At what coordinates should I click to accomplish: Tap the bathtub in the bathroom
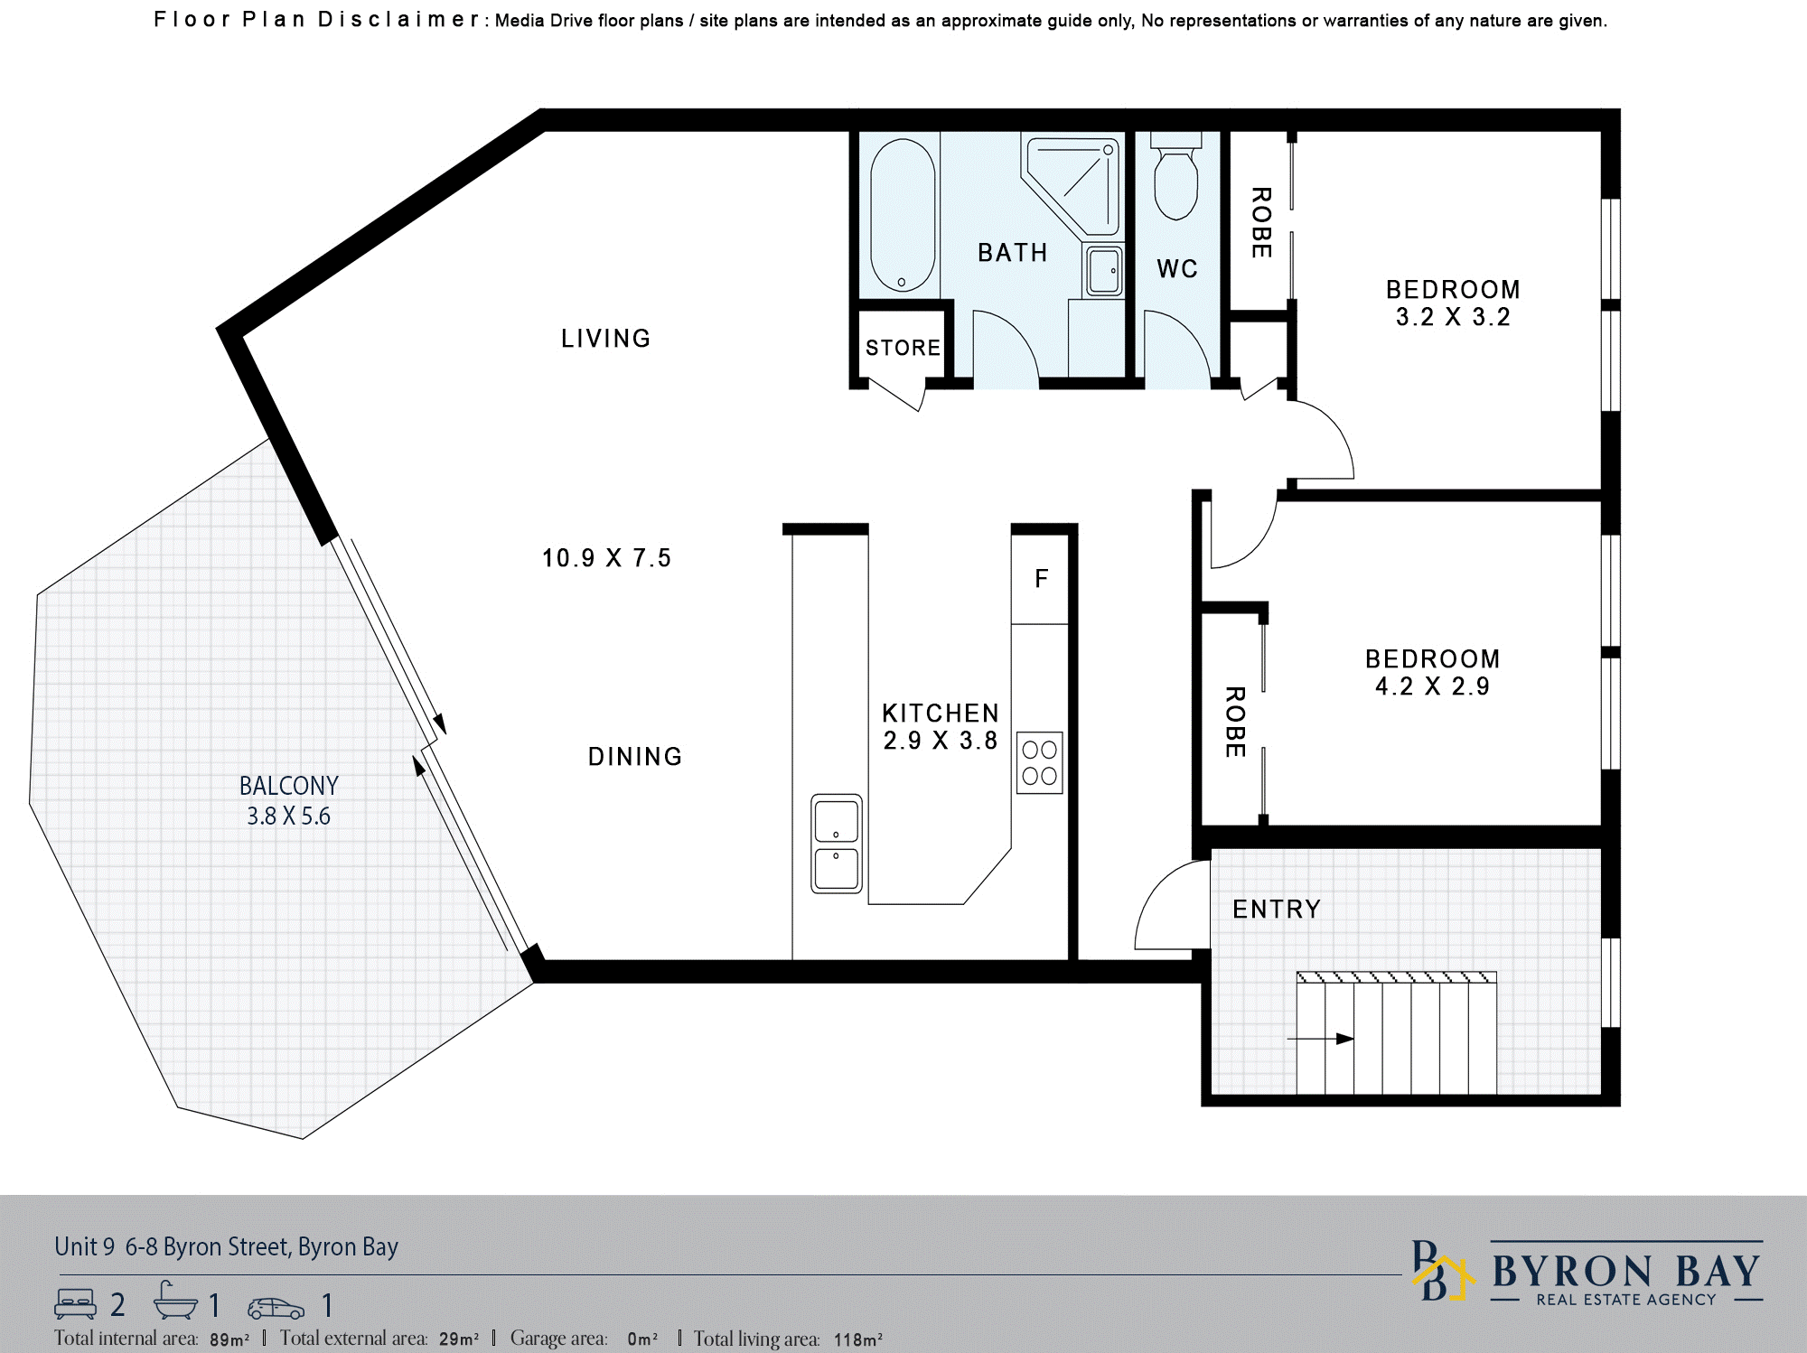pos(903,215)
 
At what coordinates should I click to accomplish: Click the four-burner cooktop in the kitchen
pos(1039,762)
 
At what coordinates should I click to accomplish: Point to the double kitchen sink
pos(837,844)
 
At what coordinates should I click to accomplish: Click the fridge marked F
pos(1041,579)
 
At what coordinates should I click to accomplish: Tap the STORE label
pos(903,348)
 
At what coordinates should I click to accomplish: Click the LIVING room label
pos(605,339)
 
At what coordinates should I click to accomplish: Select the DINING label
pos(635,757)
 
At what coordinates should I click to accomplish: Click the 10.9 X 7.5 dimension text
pos(606,558)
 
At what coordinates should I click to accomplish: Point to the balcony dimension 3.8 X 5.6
pos(289,816)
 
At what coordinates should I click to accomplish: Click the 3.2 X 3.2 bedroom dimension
pos(1453,317)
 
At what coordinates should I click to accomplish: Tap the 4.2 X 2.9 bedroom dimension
pos(1432,686)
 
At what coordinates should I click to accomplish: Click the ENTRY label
pos(1277,909)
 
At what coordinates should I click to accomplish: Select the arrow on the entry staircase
pos(1320,1039)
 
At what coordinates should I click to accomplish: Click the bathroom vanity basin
pos(1103,270)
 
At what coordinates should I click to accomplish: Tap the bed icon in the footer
pos(75,1303)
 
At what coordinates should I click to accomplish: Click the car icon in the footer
pos(276,1308)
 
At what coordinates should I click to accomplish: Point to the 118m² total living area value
pos(857,1339)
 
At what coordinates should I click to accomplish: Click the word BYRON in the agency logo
pos(1573,1272)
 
